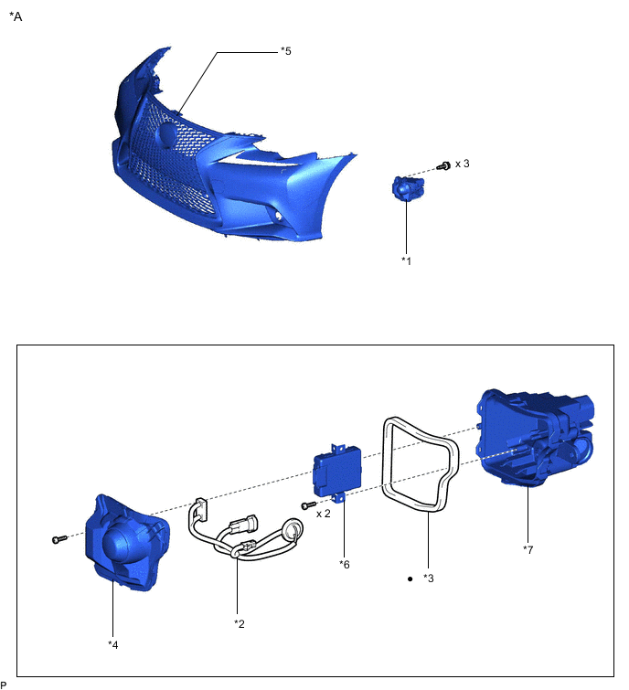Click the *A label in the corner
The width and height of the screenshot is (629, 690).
point(16,16)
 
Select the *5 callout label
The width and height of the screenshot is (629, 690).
point(286,51)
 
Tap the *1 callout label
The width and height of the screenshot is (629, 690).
point(407,260)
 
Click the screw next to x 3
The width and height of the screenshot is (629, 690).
point(444,165)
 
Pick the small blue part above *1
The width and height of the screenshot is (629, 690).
point(404,188)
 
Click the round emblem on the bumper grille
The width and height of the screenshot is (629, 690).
point(165,135)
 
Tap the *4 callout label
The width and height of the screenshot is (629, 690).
point(113,644)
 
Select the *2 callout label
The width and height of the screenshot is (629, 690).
point(240,623)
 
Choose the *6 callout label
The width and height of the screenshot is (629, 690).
point(344,564)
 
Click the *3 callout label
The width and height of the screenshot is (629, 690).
point(429,579)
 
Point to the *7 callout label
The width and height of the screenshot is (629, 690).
point(528,549)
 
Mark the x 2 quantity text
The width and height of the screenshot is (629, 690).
point(324,514)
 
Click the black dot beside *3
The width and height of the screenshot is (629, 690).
point(410,579)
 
